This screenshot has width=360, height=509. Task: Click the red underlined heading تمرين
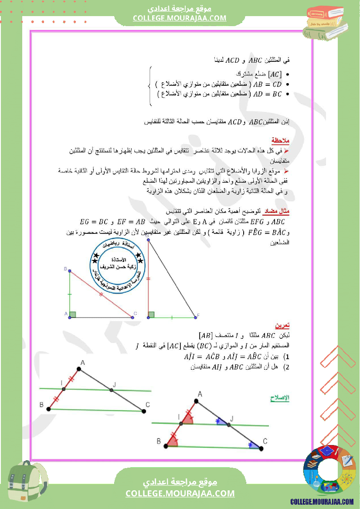pyautogui.click(x=282, y=326)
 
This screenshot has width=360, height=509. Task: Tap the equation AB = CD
pyautogui.click(x=267, y=84)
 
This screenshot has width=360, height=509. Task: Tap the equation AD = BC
pyautogui.click(x=268, y=94)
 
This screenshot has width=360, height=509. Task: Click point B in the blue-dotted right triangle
pyautogui.click(x=70, y=270)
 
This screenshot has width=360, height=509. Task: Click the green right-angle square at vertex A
pyautogui.click(x=73, y=314)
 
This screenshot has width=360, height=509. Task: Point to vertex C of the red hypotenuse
pyautogui.click(x=132, y=317)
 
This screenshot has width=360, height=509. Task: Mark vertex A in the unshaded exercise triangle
pyautogui.click(x=80, y=370)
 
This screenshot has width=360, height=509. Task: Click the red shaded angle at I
pyautogui.click(x=187, y=419)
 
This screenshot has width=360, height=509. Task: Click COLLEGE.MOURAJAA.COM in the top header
pyautogui.click(x=180, y=18)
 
